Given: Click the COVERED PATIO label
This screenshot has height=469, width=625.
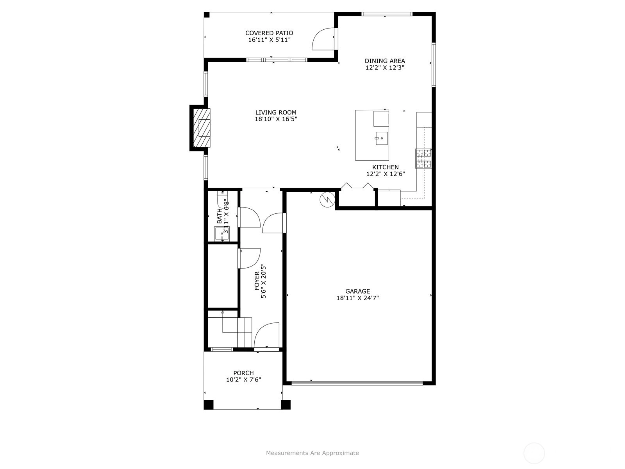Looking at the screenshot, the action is click(x=269, y=33).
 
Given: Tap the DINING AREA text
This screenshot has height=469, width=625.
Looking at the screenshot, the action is click(x=385, y=61).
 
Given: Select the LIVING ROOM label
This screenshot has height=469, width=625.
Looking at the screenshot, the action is click(x=276, y=113).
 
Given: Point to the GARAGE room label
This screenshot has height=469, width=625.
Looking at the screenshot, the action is click(x=357, y=291).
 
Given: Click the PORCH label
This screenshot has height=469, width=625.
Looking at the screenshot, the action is click(x=243, y=373).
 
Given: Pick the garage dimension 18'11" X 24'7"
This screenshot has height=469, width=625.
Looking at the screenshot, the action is click(x=357, y=298).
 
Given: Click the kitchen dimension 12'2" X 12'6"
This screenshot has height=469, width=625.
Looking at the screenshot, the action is click(x=386, y=174).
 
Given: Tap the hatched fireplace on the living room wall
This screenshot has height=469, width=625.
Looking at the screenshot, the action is click(x=202, y=128).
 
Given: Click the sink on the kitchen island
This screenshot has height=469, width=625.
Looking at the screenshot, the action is click(x=382, y=138).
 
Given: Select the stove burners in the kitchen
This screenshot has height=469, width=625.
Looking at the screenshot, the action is click(x=423, y=159).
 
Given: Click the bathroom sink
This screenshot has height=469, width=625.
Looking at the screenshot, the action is click(x=222, y=234).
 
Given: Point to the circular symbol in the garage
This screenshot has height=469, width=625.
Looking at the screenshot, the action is click(x=327, y=200).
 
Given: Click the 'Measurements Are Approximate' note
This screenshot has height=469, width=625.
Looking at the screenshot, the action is click(x=312, y=453).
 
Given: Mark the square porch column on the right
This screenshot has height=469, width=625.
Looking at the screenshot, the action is click(x=286, y=405).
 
